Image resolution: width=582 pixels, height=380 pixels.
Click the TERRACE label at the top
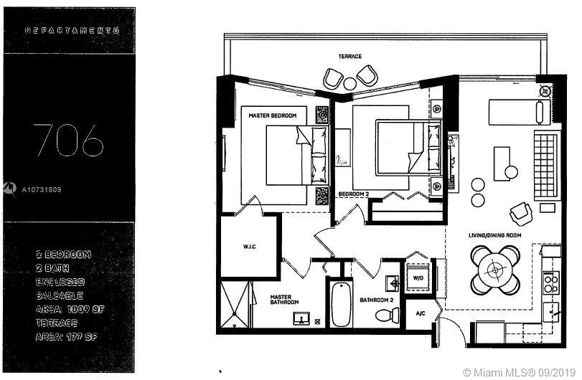[350, 56]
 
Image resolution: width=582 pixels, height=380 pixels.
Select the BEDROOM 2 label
[353, 194]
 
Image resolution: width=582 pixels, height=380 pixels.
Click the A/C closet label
[421, 313]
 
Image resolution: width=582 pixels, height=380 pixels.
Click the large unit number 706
[69, 141]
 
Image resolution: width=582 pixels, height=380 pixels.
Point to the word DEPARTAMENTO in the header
[72, 31]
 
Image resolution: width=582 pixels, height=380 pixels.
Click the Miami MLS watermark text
[503, 372]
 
